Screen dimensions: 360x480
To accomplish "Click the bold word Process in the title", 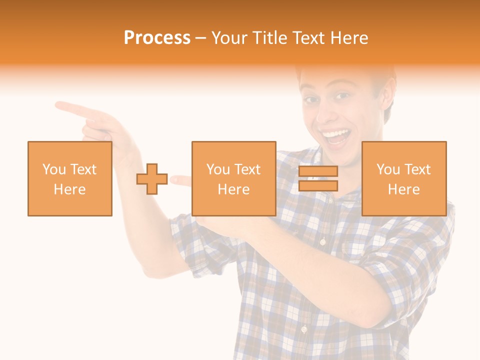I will [157, 37].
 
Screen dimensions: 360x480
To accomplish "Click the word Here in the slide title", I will [348, 37].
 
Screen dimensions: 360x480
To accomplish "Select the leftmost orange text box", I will [69, 178].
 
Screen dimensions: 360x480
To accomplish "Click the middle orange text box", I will [233, 178].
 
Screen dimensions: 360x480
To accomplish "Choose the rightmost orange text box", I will [403, 178].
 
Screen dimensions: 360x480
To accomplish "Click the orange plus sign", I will [152, 178].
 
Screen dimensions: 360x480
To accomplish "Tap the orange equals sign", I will [318, 178].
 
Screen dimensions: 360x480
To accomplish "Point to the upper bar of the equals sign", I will [318, 171].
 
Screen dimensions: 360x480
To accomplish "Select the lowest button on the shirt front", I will [303, 329].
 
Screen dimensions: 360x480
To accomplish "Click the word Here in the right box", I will [403, 189].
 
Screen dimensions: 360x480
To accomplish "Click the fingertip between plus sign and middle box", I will [173, 179].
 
